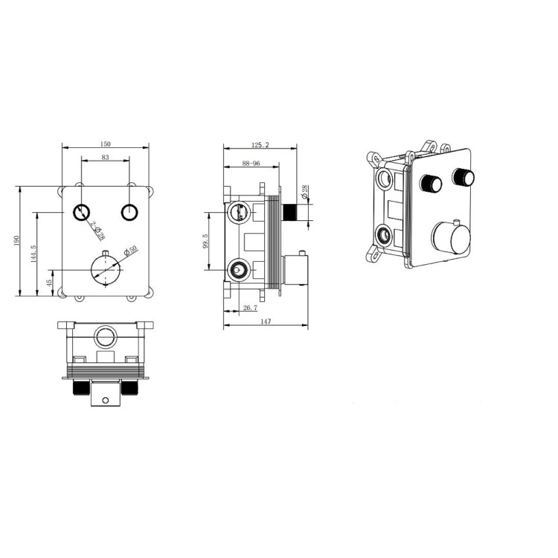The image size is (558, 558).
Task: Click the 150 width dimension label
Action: [x=106, y=143]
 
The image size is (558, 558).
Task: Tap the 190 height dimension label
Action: [x=16, y=240]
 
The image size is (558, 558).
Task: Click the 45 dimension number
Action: [x=50, y=283]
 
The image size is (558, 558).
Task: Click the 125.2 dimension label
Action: [x=260, y=144]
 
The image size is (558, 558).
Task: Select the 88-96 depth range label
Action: [x=250, y=163]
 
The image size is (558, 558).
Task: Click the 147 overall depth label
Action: [x=266, y=321]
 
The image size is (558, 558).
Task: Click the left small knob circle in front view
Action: [x=82, y=214]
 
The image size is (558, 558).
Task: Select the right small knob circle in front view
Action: [x=129, y=214]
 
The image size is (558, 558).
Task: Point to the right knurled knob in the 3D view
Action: [x=464, y=177]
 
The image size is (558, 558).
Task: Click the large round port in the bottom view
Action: [x=105, y=337]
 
